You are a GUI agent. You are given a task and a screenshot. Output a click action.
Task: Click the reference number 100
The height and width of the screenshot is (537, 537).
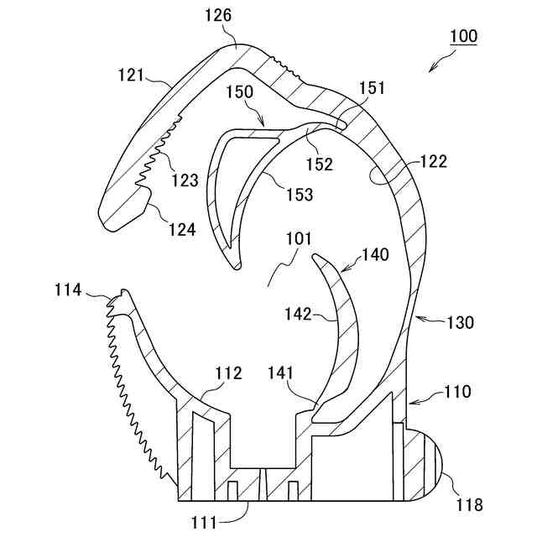[x=463, y=37]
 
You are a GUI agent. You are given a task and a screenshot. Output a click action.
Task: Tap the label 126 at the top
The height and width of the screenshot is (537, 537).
[x=217, y=15]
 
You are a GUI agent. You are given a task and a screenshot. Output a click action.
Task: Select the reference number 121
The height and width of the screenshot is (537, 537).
[x=132, y=75]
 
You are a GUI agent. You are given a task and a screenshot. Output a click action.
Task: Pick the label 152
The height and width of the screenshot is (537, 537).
[x=320, y=164]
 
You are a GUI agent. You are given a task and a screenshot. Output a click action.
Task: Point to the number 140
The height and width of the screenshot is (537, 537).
[x=375, y=255]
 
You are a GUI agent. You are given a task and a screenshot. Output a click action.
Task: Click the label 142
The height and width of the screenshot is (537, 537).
[x=298, y=315]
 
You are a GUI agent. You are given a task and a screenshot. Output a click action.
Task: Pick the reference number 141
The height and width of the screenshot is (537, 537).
[x=284, y=373]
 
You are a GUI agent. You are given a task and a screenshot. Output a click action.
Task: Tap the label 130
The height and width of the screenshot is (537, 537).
[x=459, y=322]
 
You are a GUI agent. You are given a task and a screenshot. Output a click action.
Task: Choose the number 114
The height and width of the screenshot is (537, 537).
[x=67, y=290]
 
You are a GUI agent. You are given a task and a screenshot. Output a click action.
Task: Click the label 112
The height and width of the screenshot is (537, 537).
[x=228, y=373]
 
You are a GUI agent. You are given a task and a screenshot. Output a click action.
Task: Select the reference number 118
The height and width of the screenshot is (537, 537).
[x=469, y=505]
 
